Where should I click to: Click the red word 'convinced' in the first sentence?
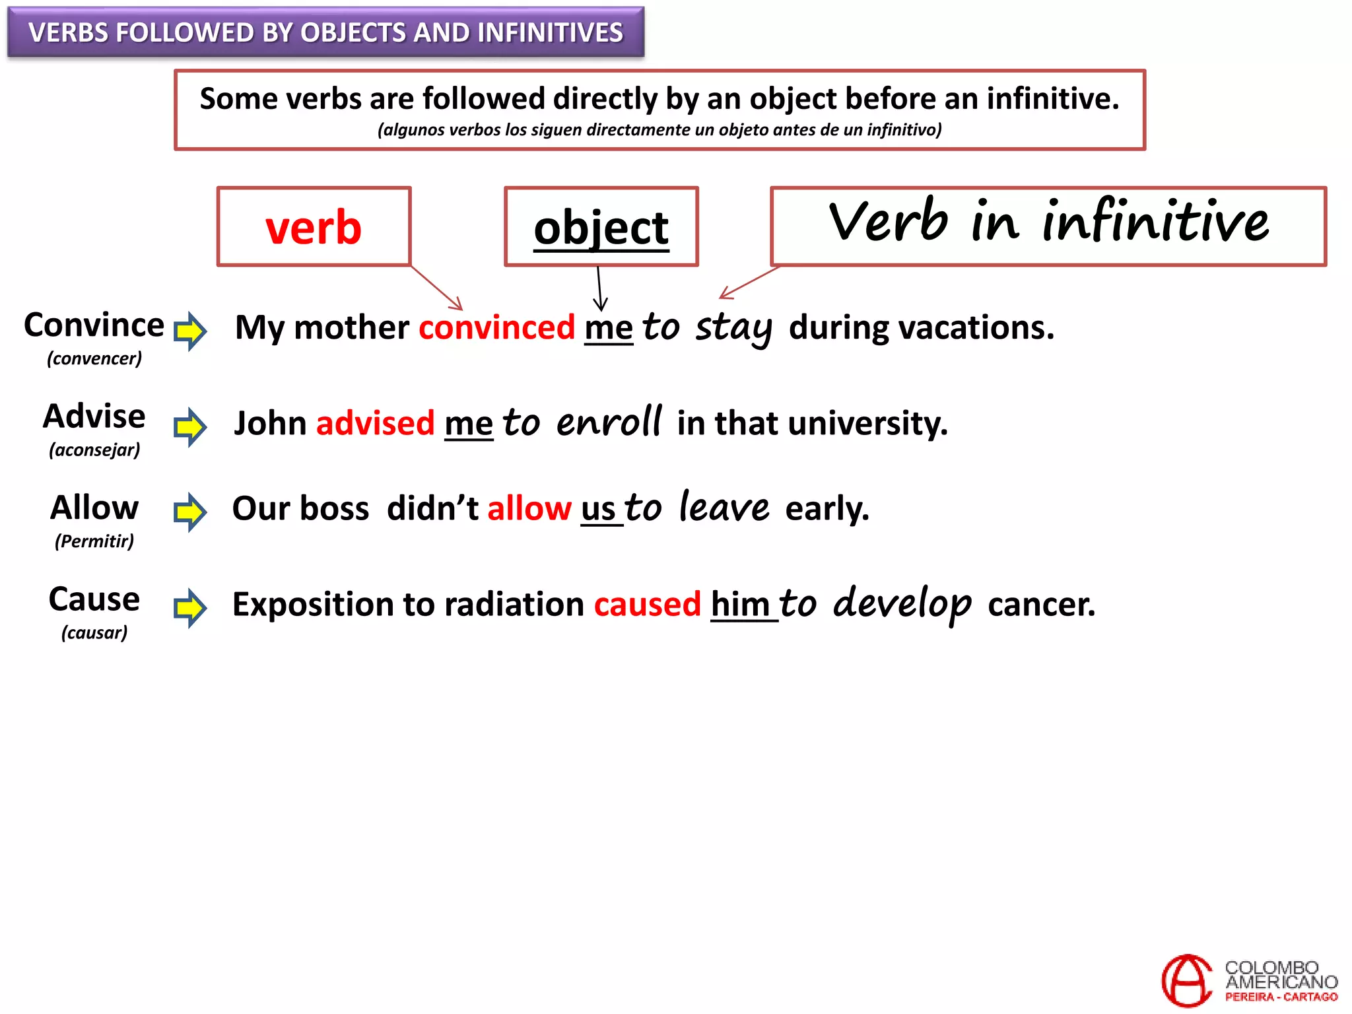click(x=496, y=327)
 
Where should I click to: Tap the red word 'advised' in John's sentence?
click(x=375, y=423)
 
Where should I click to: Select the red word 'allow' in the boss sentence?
click(x=529, y=508)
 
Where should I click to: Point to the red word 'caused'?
click(x=647, y=604)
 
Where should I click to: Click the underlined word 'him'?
click(x=740, y=604)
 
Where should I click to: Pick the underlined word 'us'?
click(x=598, y=509)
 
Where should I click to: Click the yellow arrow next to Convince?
click(x=190, y=330)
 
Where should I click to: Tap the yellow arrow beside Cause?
click(x=190, y=607)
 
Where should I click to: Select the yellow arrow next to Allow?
click(x=190, y=512)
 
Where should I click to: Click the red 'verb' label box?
click(x=314, y=227)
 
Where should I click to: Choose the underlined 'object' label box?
click(x=601, y=227)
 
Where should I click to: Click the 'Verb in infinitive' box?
click(x=1048, y=226)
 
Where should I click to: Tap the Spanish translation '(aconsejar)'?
click(x=94, y=450)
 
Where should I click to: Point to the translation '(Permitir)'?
click(x=94, y=541)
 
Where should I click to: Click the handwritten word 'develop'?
click(x=902, y=603)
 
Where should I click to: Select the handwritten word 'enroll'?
click(x=608, y=422)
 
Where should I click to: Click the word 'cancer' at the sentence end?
click(x=1040, y=604)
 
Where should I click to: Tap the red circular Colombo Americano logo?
click(x=1186, y=981)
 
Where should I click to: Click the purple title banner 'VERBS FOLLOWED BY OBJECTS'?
click(x=325, y=32)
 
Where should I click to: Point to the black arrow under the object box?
click(x=599, y=289)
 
